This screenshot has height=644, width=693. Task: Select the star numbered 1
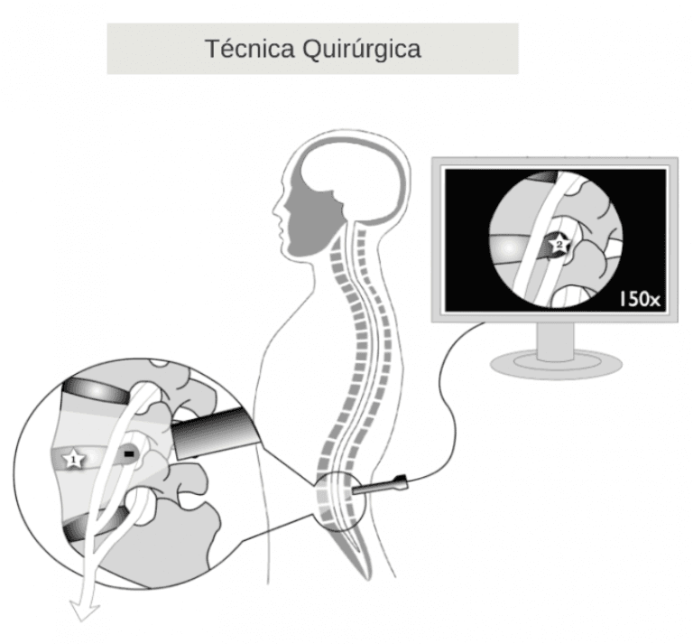(x=72, y=460)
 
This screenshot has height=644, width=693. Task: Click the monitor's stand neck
(x=550, y=338)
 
